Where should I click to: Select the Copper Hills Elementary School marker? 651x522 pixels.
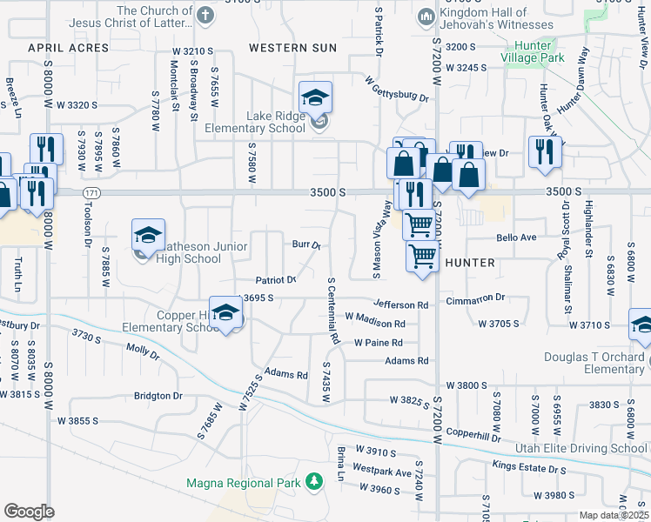pos(226,314)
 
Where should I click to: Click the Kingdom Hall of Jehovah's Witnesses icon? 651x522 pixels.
pos(426,16)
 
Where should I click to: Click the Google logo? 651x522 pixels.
pos(29,511)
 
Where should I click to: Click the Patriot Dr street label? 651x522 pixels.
pos(276,280)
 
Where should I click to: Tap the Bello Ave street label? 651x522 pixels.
pos(516,237)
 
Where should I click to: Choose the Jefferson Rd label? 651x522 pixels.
pos(400,305)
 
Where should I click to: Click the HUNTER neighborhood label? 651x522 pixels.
pos(470,262)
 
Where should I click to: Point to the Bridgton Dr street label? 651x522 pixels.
pos(158,396)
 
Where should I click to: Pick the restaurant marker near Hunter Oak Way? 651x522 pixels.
pos(545,151)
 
